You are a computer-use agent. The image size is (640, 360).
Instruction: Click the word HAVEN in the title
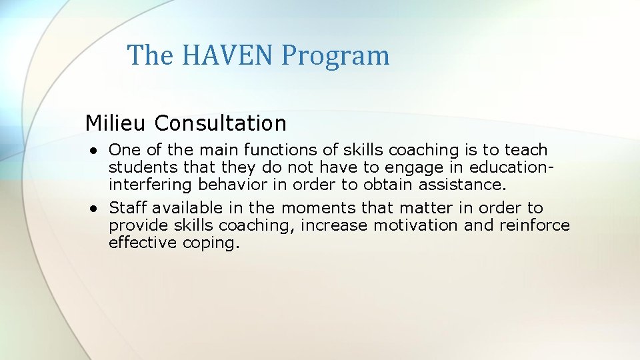click(226, 55)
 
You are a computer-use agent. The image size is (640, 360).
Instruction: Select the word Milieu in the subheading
click(117, 123)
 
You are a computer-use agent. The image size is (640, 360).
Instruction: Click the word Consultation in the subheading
click(221, 123)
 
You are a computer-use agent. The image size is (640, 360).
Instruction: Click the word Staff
click(127, 208)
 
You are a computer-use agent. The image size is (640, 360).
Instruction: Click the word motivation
click(416, 225)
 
